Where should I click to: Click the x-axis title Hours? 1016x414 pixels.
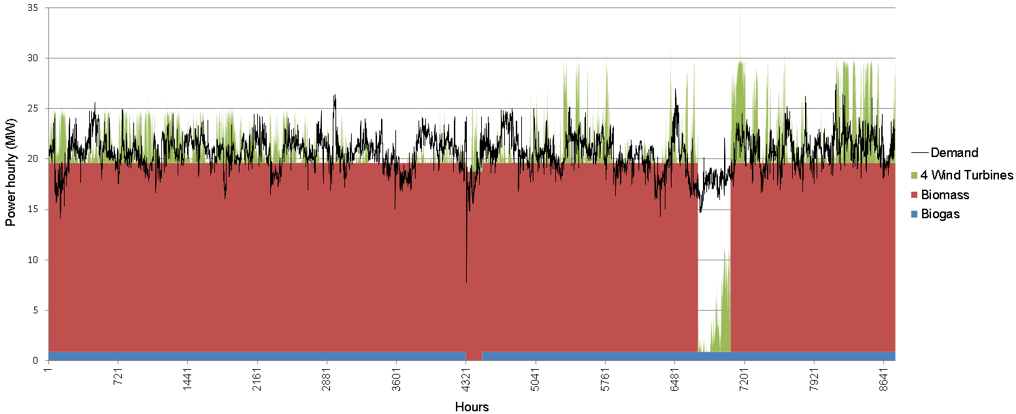(472, 407)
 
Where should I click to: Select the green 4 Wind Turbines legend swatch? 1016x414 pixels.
(914, 175)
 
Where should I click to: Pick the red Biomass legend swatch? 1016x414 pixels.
(914, 195)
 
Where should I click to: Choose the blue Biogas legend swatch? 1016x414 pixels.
(914, 215)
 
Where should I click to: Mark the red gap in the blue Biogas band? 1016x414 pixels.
(474, 356)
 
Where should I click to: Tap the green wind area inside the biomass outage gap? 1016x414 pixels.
(723, 320)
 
